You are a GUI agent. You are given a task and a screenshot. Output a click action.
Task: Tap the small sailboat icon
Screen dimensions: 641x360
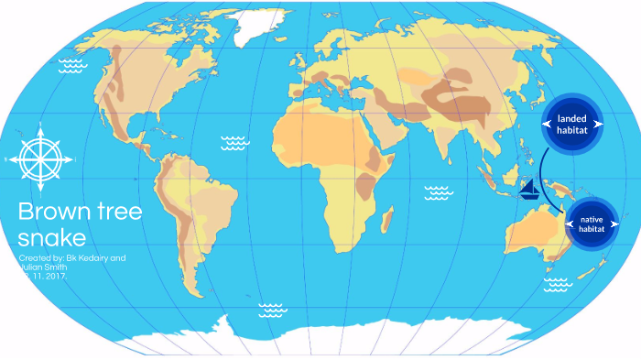point(530,190)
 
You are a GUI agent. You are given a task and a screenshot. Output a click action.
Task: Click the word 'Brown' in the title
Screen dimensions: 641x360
point(51,213)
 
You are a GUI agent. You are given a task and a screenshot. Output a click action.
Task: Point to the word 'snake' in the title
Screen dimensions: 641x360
point(51,238)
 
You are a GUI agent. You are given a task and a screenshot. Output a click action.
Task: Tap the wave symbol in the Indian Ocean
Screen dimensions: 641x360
point(438,192)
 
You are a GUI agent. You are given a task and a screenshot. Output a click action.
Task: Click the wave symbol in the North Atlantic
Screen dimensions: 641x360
point(235,142)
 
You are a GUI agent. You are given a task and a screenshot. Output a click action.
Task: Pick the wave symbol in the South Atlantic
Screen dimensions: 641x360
point(272,309)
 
